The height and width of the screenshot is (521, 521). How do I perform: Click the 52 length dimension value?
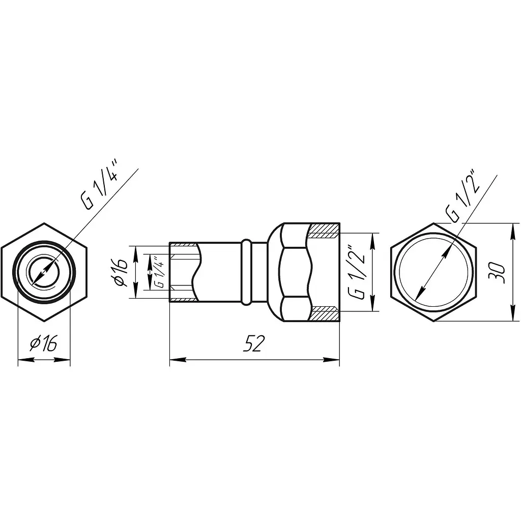click(254, 343)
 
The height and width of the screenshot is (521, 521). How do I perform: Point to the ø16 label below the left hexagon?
click(43, 343)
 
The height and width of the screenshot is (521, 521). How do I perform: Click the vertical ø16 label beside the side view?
click(121, 272)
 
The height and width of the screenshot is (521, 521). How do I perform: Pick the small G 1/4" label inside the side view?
click(159, 272)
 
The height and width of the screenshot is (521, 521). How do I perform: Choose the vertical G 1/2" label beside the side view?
click(357, 272)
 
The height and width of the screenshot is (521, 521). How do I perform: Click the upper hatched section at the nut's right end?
click(324, 230)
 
